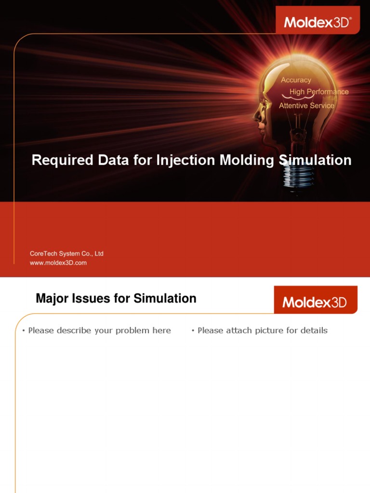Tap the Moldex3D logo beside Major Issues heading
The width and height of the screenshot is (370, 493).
(315, 302)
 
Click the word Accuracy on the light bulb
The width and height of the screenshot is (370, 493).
(296, 80)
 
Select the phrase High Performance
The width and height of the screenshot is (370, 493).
(319, 91)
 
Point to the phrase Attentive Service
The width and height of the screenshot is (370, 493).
(306, 105)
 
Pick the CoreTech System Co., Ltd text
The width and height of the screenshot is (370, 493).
(66, 253)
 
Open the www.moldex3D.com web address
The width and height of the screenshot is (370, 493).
(58, 263)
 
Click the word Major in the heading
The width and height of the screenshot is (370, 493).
(51, 298)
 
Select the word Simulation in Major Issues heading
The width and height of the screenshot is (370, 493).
(165, 298)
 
